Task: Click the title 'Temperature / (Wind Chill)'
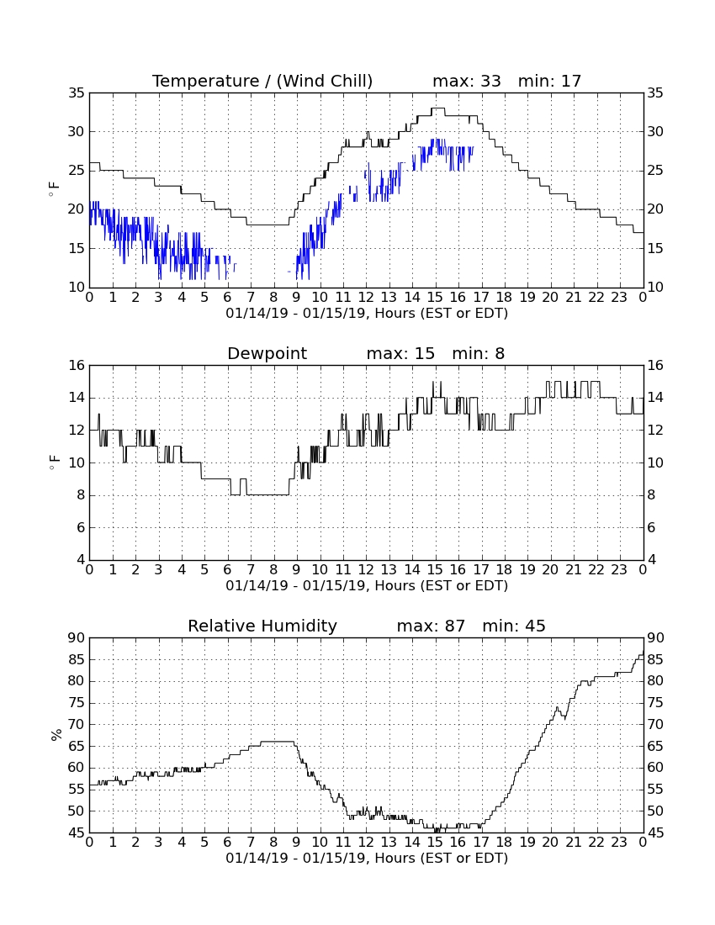tap(262, 82)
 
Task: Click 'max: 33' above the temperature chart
tap(467, 81)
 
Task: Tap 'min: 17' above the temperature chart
tap(550, 81)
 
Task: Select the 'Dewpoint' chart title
tap(267, 353)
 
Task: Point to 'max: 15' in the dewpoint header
tap(400, 353)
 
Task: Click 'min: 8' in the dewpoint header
tap(479, 353)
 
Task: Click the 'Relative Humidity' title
tap(262, 626)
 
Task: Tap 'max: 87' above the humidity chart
tap(431, 626)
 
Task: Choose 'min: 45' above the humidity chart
tap(514, 626)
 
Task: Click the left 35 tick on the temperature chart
tap(77, 93)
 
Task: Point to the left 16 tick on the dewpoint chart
tap(77, 366)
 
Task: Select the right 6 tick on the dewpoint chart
tap(651, 528)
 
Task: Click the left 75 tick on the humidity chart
tap(77, 703)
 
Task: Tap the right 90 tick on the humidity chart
tap(656, 638)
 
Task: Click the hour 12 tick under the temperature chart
tap(366, 298)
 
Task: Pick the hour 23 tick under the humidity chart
tap(619, 843)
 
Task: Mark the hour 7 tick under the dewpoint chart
tap(251, 570)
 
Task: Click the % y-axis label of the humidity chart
tap(56, 735)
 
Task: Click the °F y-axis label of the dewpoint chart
tap(55, 462)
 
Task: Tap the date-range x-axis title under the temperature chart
tap(367, 314)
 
